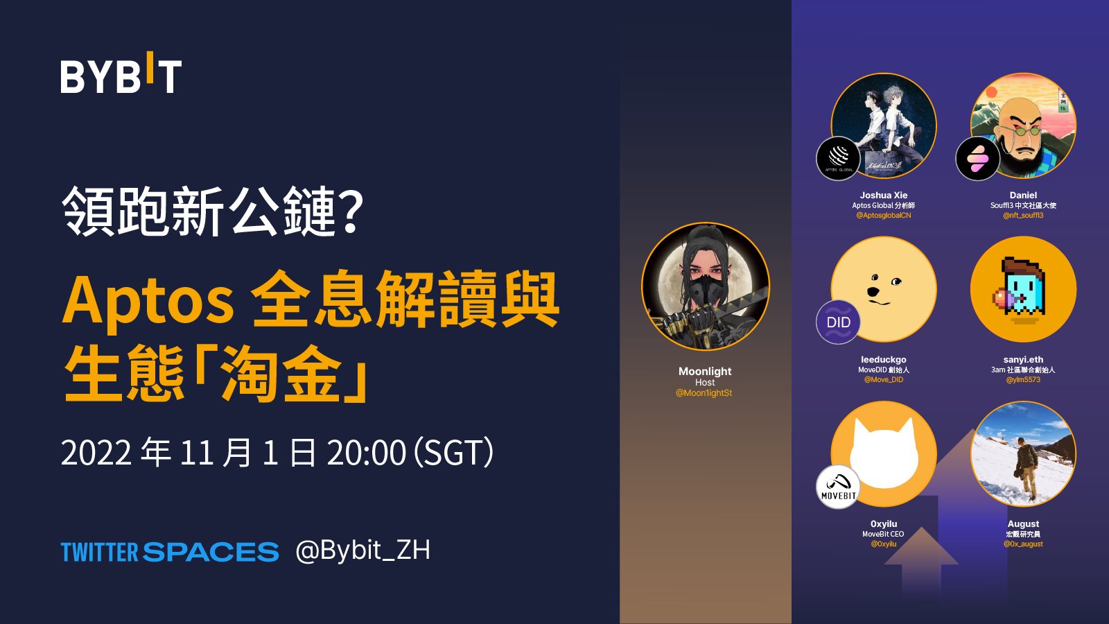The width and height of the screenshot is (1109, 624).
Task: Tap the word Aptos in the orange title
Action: click(148, 300)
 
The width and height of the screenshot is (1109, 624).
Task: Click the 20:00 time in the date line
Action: click(366, 453)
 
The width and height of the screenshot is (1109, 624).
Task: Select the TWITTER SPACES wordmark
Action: click(170, 552)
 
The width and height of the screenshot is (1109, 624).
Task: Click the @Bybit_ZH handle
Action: click(363, 551)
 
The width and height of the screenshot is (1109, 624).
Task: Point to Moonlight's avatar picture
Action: click(705, 286)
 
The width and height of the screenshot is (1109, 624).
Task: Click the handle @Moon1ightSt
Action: click(704, 393)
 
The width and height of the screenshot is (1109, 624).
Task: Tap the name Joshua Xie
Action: click(883, 196)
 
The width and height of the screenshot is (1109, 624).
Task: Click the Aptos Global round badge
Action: click(838, 158)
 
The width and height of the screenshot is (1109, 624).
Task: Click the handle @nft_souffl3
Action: click(1023, 216)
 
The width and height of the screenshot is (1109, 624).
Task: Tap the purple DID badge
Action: click(838, 322)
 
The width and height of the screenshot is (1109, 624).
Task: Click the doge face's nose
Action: click(873, 292)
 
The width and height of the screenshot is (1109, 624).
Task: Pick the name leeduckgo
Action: click(883, 360)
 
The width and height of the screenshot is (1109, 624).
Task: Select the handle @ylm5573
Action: click(1023, 380)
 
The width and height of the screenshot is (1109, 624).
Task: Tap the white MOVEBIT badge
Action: click(838, 487)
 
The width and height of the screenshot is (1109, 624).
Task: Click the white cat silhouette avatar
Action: click(884, 454)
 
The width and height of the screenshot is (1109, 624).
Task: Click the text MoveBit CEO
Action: click(883, 534)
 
